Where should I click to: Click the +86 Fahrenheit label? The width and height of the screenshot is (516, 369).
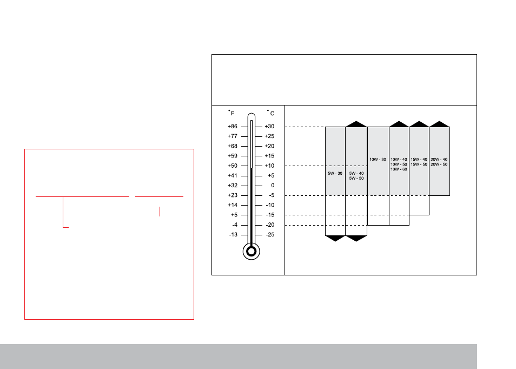point(233,127)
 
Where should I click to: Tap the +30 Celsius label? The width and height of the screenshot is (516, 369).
point(269,127)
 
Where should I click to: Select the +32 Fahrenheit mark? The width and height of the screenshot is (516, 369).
point(233,186)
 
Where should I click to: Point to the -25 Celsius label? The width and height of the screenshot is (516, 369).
point(270,235)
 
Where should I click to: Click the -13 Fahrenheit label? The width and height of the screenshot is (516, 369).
point(233,235)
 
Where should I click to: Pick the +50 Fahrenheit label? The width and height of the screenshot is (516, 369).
point(233,166)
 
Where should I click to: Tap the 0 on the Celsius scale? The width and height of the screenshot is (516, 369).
point(273,186)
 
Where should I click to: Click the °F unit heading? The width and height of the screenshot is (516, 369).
point(231,113)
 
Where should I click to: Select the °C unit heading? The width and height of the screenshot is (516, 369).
point(270,113)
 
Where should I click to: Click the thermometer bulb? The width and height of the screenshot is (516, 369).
point(251,252)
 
